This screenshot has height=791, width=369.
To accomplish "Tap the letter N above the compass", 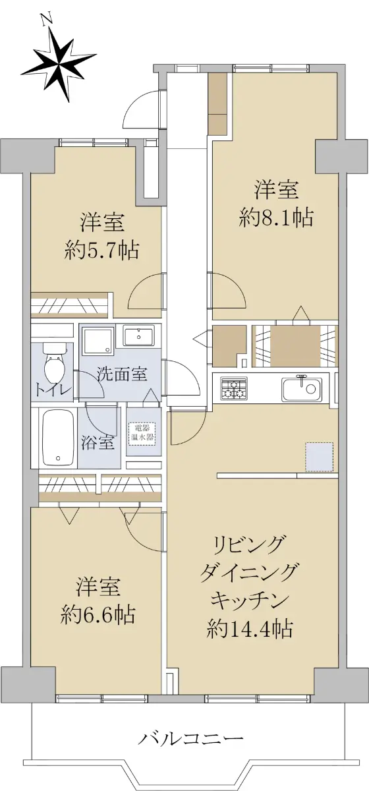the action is point(47,19).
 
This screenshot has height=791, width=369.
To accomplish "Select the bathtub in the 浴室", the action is point(59,438).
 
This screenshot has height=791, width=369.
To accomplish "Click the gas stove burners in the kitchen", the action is point(234,388).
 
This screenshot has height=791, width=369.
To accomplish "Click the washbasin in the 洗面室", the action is point(139,337).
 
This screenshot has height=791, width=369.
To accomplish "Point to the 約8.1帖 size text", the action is point(276,218).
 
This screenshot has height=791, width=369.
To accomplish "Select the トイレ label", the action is point(53,391).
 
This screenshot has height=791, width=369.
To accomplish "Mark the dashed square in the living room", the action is point(319,457).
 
